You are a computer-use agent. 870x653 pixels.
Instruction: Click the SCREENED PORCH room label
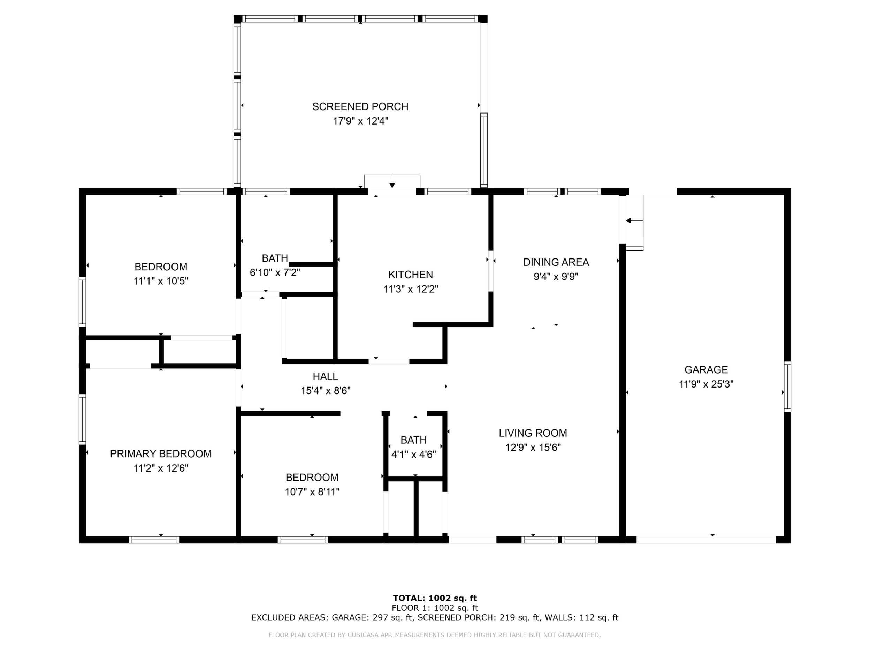point(360,107)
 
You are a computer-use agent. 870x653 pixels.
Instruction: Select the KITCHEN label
point(411,275)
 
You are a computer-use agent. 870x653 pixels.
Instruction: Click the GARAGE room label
point(706,370)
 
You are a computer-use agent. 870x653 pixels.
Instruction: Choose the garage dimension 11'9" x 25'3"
point(706,384)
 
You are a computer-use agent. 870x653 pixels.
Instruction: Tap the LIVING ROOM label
point(533,433)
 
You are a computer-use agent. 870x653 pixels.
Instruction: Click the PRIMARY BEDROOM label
point(161,454)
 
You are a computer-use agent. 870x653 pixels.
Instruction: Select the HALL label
point(325,377)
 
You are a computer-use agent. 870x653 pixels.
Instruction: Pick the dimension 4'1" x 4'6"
point(414,455)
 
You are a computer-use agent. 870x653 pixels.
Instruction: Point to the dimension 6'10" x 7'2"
point(275,272)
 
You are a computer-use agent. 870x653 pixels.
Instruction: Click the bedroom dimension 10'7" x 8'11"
point(312,492)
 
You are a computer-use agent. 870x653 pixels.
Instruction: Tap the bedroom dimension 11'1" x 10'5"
point(161,281)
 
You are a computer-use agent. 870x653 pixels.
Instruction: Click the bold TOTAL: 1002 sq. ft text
point(435,599)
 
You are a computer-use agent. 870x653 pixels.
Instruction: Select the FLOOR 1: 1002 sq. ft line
point(435,608)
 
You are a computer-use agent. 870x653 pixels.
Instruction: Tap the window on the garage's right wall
point(787,386)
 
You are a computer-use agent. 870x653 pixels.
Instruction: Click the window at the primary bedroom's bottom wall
point(154,540)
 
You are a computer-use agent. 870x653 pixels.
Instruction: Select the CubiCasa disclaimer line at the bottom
point(435,635)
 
